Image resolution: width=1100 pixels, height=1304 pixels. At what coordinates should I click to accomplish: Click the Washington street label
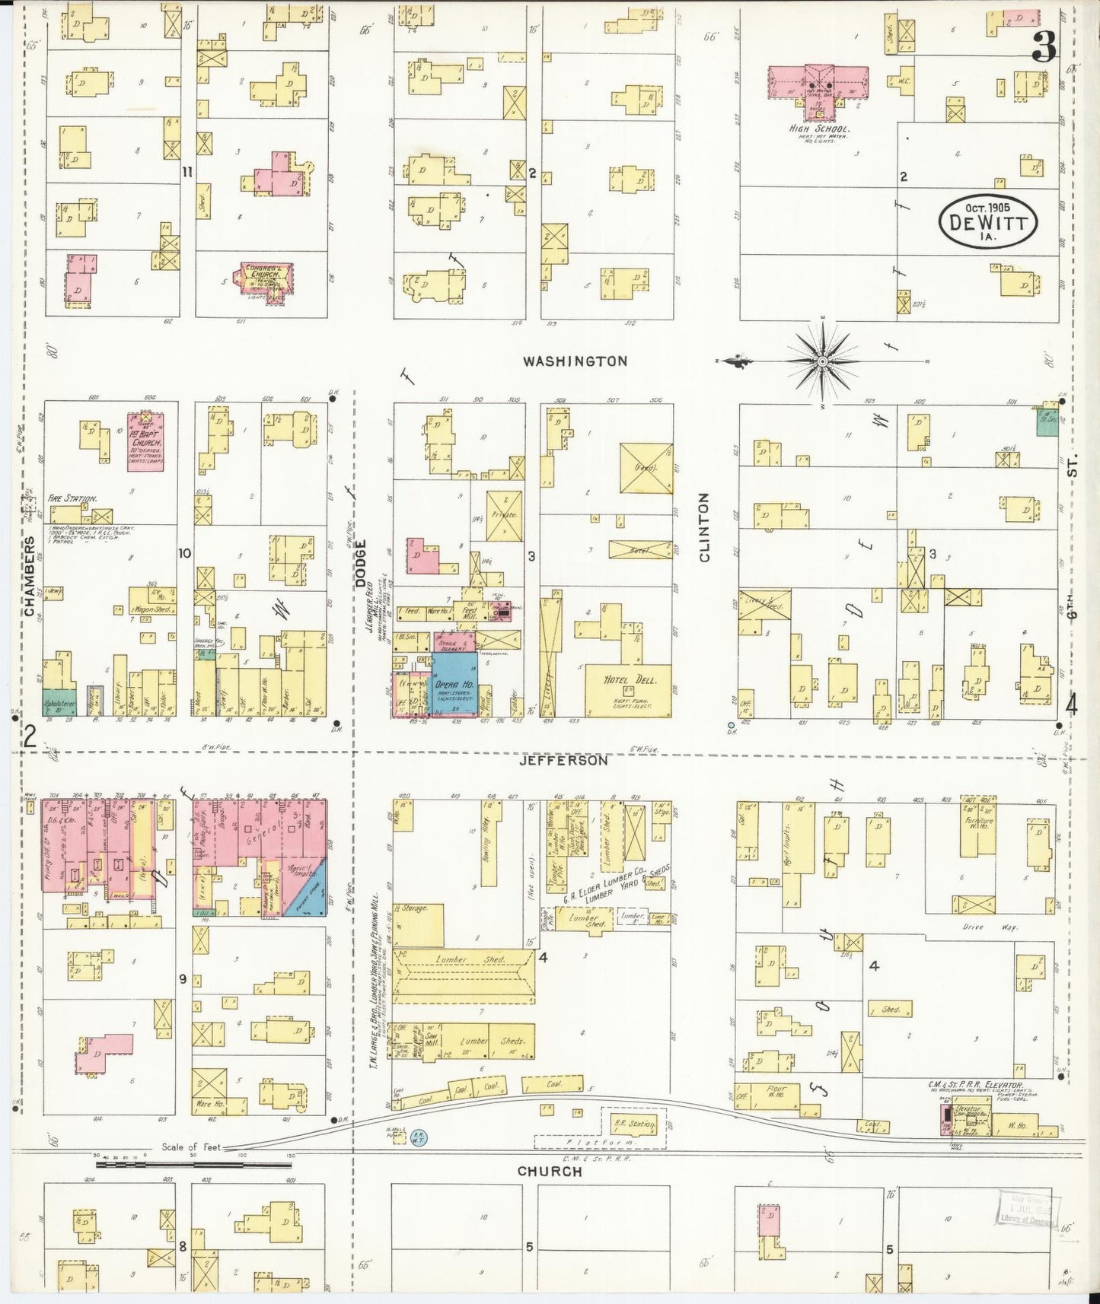pos(575,361)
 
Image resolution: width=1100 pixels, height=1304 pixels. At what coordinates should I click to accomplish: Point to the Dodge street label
pos(362,564)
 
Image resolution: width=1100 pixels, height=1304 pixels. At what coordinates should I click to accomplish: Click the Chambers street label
pos(29,575)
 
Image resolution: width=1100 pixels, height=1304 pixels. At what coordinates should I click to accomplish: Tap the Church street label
pos(550,1171)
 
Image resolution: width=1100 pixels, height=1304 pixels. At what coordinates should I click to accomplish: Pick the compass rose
pos(822,362)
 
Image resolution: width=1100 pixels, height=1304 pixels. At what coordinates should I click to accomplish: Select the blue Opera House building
pos(454,682)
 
